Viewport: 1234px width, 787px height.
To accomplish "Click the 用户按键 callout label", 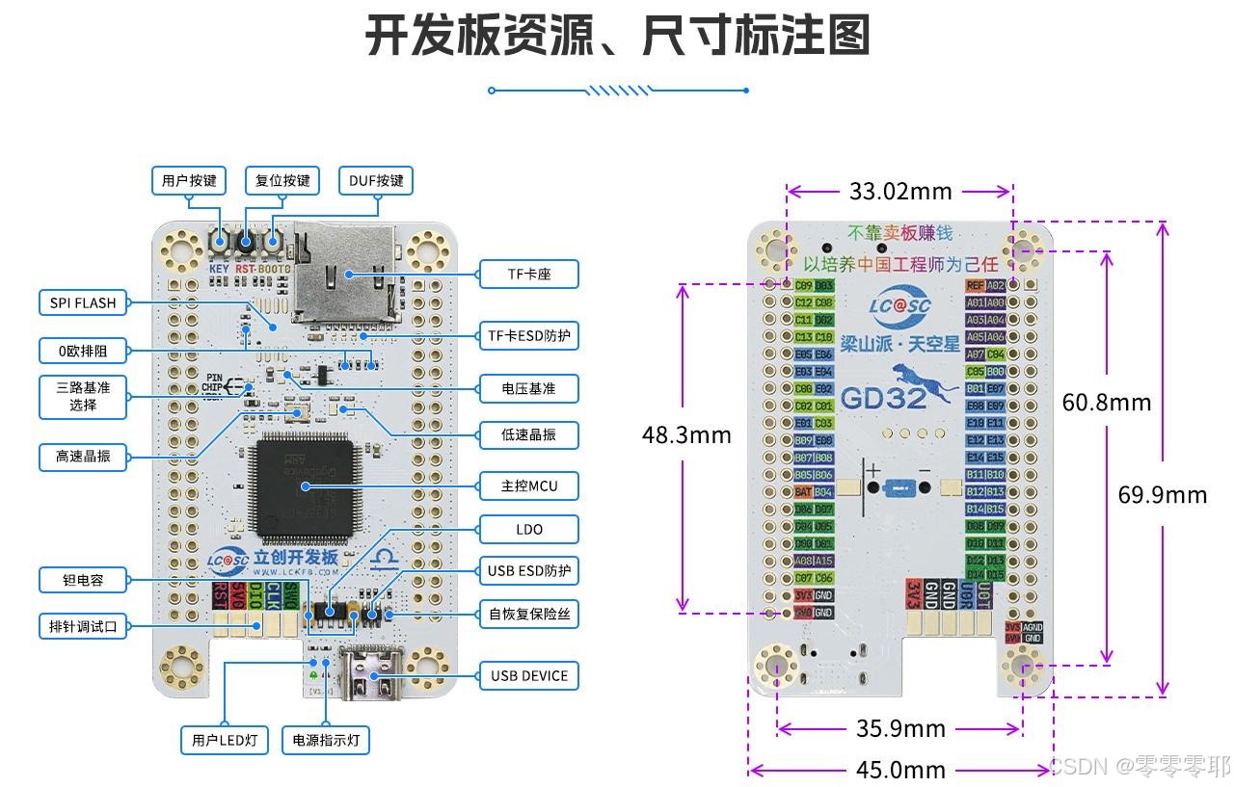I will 189,180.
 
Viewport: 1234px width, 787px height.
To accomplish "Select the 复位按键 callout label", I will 282,180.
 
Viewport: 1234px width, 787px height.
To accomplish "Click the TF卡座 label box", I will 529,274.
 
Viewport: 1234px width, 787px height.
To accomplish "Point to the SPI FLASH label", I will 83,302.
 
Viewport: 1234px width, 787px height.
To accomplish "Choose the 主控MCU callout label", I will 529,485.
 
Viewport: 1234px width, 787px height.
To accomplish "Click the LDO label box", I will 529,529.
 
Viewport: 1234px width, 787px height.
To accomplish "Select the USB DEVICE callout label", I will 529,675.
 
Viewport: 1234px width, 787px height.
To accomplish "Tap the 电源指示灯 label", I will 326,740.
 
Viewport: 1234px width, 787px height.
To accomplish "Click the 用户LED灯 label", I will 225,740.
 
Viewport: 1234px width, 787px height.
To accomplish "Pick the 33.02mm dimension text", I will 900,191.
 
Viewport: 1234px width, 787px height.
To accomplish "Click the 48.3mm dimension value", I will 686,434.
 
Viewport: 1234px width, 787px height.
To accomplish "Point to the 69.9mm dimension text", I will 1163,494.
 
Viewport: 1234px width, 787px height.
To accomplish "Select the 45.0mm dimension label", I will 900,770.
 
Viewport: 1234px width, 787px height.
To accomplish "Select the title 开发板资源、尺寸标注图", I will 617,36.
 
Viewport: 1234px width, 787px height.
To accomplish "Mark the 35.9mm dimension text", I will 900,728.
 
